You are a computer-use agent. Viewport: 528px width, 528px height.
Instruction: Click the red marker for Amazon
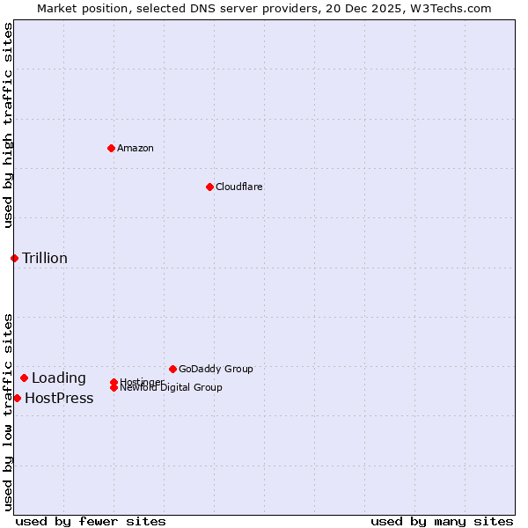pos(111,148)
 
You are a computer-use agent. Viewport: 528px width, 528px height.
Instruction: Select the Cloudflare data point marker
pos(209,187)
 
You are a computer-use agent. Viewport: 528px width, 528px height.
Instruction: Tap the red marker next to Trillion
pos(14,258)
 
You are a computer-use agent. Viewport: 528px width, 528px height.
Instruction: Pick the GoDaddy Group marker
pos(172,369)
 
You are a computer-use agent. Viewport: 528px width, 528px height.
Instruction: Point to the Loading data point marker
pos(24,378)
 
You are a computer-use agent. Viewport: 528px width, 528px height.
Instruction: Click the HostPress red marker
pos(17,399)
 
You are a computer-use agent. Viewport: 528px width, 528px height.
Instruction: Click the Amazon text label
pos(135,148)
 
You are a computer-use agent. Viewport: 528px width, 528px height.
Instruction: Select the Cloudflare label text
pos(238,187)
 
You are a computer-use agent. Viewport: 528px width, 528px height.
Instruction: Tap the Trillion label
pos(45,258)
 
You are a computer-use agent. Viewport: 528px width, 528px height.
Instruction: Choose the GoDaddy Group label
pos(216,369)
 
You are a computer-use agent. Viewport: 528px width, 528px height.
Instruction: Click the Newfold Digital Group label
pos(171,388)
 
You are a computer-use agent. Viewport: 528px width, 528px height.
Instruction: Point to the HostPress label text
pos(59,399)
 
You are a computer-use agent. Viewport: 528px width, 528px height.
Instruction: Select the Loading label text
pos(59,378)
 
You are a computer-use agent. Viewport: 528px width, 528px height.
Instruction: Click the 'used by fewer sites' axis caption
pos(91,521)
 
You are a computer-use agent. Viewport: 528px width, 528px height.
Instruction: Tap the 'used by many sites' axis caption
pos(442,521)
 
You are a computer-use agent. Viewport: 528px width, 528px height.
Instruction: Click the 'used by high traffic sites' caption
pos(8,125)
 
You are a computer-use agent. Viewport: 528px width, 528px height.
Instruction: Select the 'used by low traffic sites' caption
pos(8,411)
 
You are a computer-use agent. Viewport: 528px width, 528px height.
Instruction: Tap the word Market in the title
pos(55,8)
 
